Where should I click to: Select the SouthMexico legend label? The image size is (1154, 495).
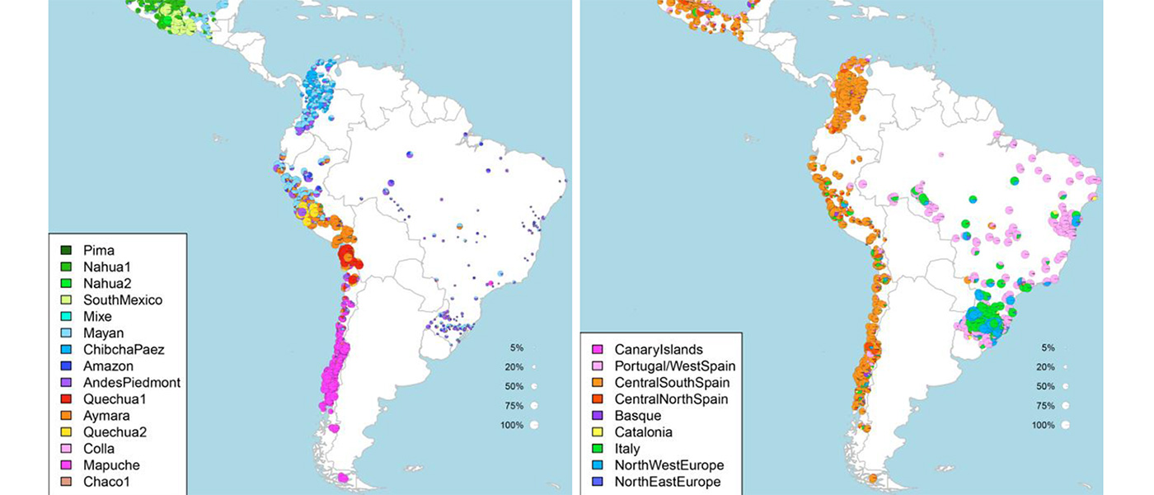pos(123,299)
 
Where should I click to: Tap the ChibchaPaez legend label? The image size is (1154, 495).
pos(124,349)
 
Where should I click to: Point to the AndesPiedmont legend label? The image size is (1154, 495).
pos(132,382)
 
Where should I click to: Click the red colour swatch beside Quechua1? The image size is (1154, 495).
pos(65,398)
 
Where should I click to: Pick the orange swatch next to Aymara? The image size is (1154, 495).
pos(65,415)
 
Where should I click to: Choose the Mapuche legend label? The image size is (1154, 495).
pos(111,464)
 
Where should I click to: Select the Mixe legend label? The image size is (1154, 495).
pos(97,316)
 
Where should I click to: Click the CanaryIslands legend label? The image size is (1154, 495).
pos(659,349)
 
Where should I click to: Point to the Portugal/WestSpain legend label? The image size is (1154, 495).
pos(675,365)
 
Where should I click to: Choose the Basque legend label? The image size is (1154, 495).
pos(638,415)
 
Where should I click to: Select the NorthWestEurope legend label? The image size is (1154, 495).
pos(669,464)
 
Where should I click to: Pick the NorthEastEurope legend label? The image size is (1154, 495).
pos(668,481)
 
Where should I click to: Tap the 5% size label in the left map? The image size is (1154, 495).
pos(517,347)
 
